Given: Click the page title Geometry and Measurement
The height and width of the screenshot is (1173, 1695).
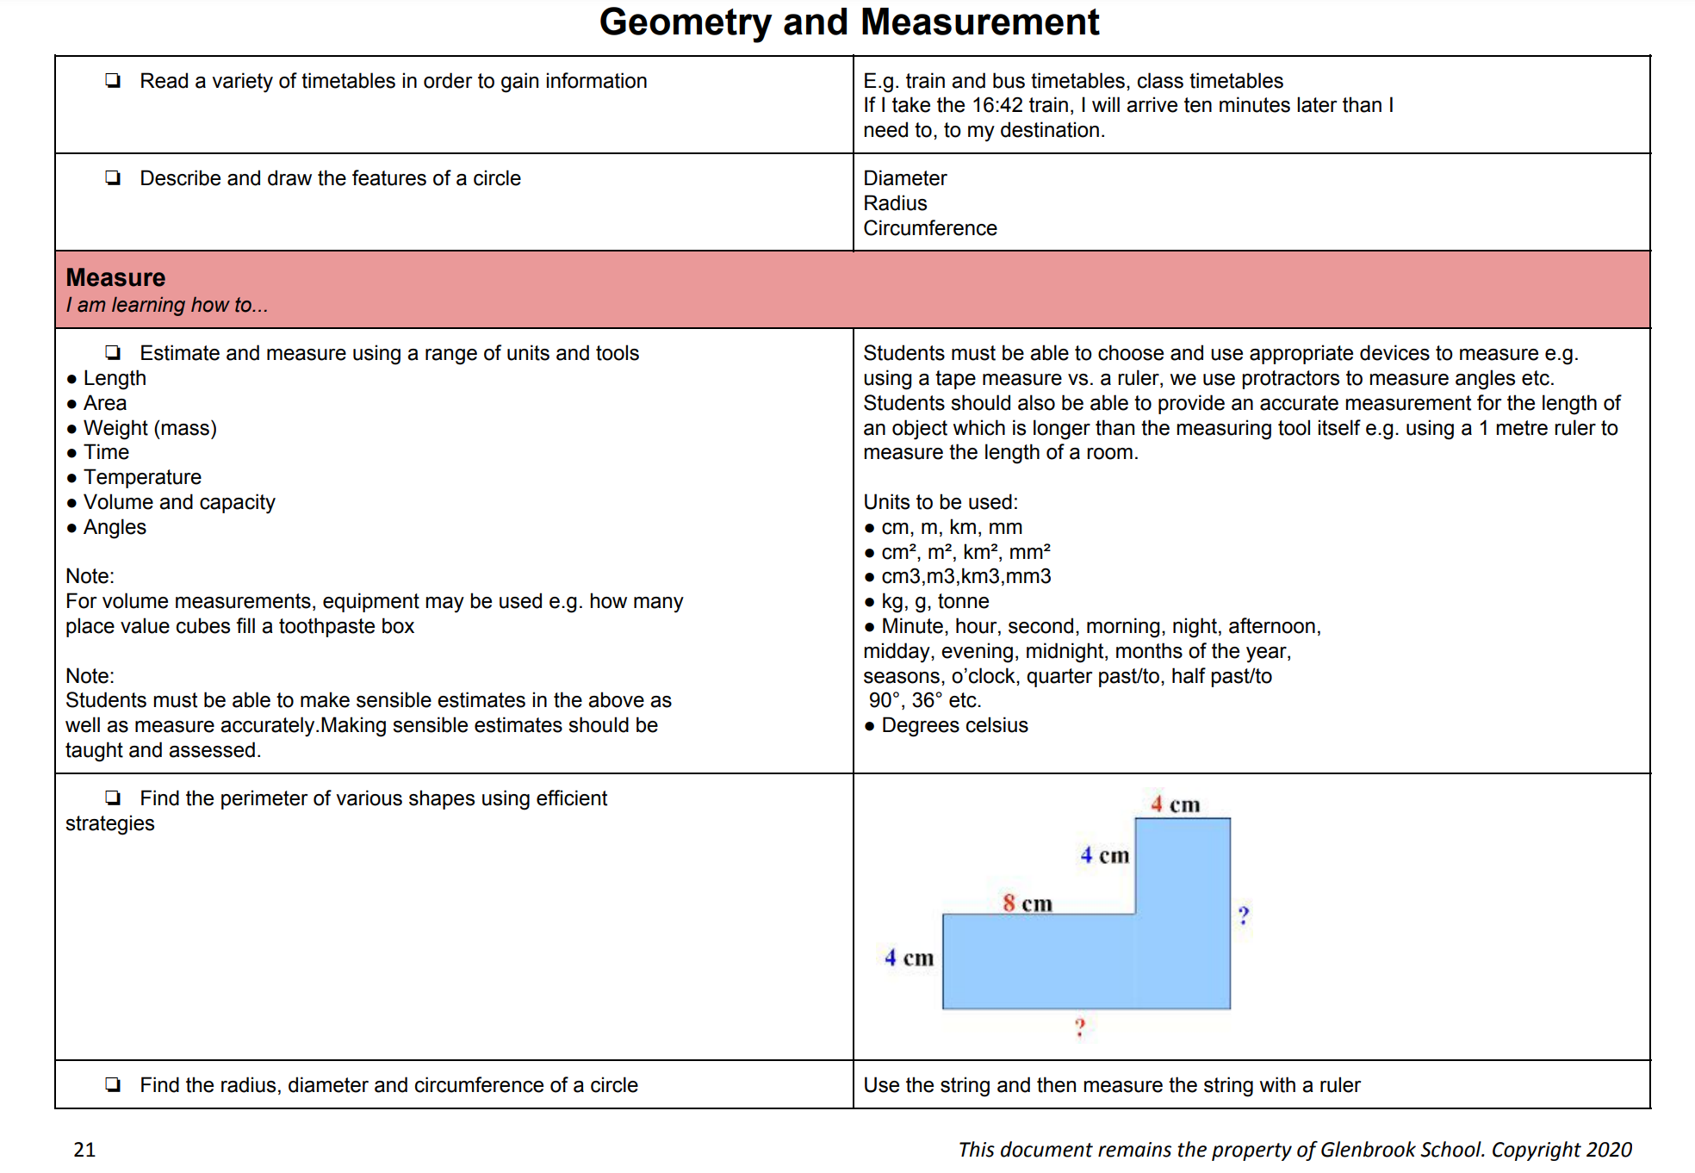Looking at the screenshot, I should coord(848,22).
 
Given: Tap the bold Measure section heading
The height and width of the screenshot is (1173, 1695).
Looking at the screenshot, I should coord(115,277).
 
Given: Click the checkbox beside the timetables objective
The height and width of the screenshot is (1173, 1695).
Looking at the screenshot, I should coord(113,80).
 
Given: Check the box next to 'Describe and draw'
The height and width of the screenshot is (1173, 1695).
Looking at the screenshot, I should coord(113,177).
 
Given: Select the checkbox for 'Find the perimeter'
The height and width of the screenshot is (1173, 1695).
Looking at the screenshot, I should coord(113,798).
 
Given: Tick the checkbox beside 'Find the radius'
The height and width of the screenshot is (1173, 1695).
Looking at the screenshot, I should coord(113,1084).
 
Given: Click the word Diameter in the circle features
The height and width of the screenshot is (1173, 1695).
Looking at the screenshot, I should coord(904,178).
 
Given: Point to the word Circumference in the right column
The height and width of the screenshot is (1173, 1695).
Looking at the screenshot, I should coord(930,228).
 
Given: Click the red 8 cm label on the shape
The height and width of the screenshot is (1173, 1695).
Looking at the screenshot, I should coord(1027,903).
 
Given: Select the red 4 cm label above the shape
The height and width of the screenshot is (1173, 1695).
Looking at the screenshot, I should coord(1175,804).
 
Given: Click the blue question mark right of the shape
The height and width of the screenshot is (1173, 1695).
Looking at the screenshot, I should coord(1243,915).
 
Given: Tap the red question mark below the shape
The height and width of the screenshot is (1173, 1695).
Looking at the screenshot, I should coord(1079,1027).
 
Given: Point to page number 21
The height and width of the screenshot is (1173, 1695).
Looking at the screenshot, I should coord(84,1150).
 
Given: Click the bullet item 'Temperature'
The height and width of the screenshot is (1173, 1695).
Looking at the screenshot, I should coord(142,477).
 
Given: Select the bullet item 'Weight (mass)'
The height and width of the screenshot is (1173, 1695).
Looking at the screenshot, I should coord(150,428).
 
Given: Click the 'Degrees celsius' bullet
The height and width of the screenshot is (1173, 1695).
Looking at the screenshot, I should coord(954,725).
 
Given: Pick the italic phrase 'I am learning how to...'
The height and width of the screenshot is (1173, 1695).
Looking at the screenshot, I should coord(167,305).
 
